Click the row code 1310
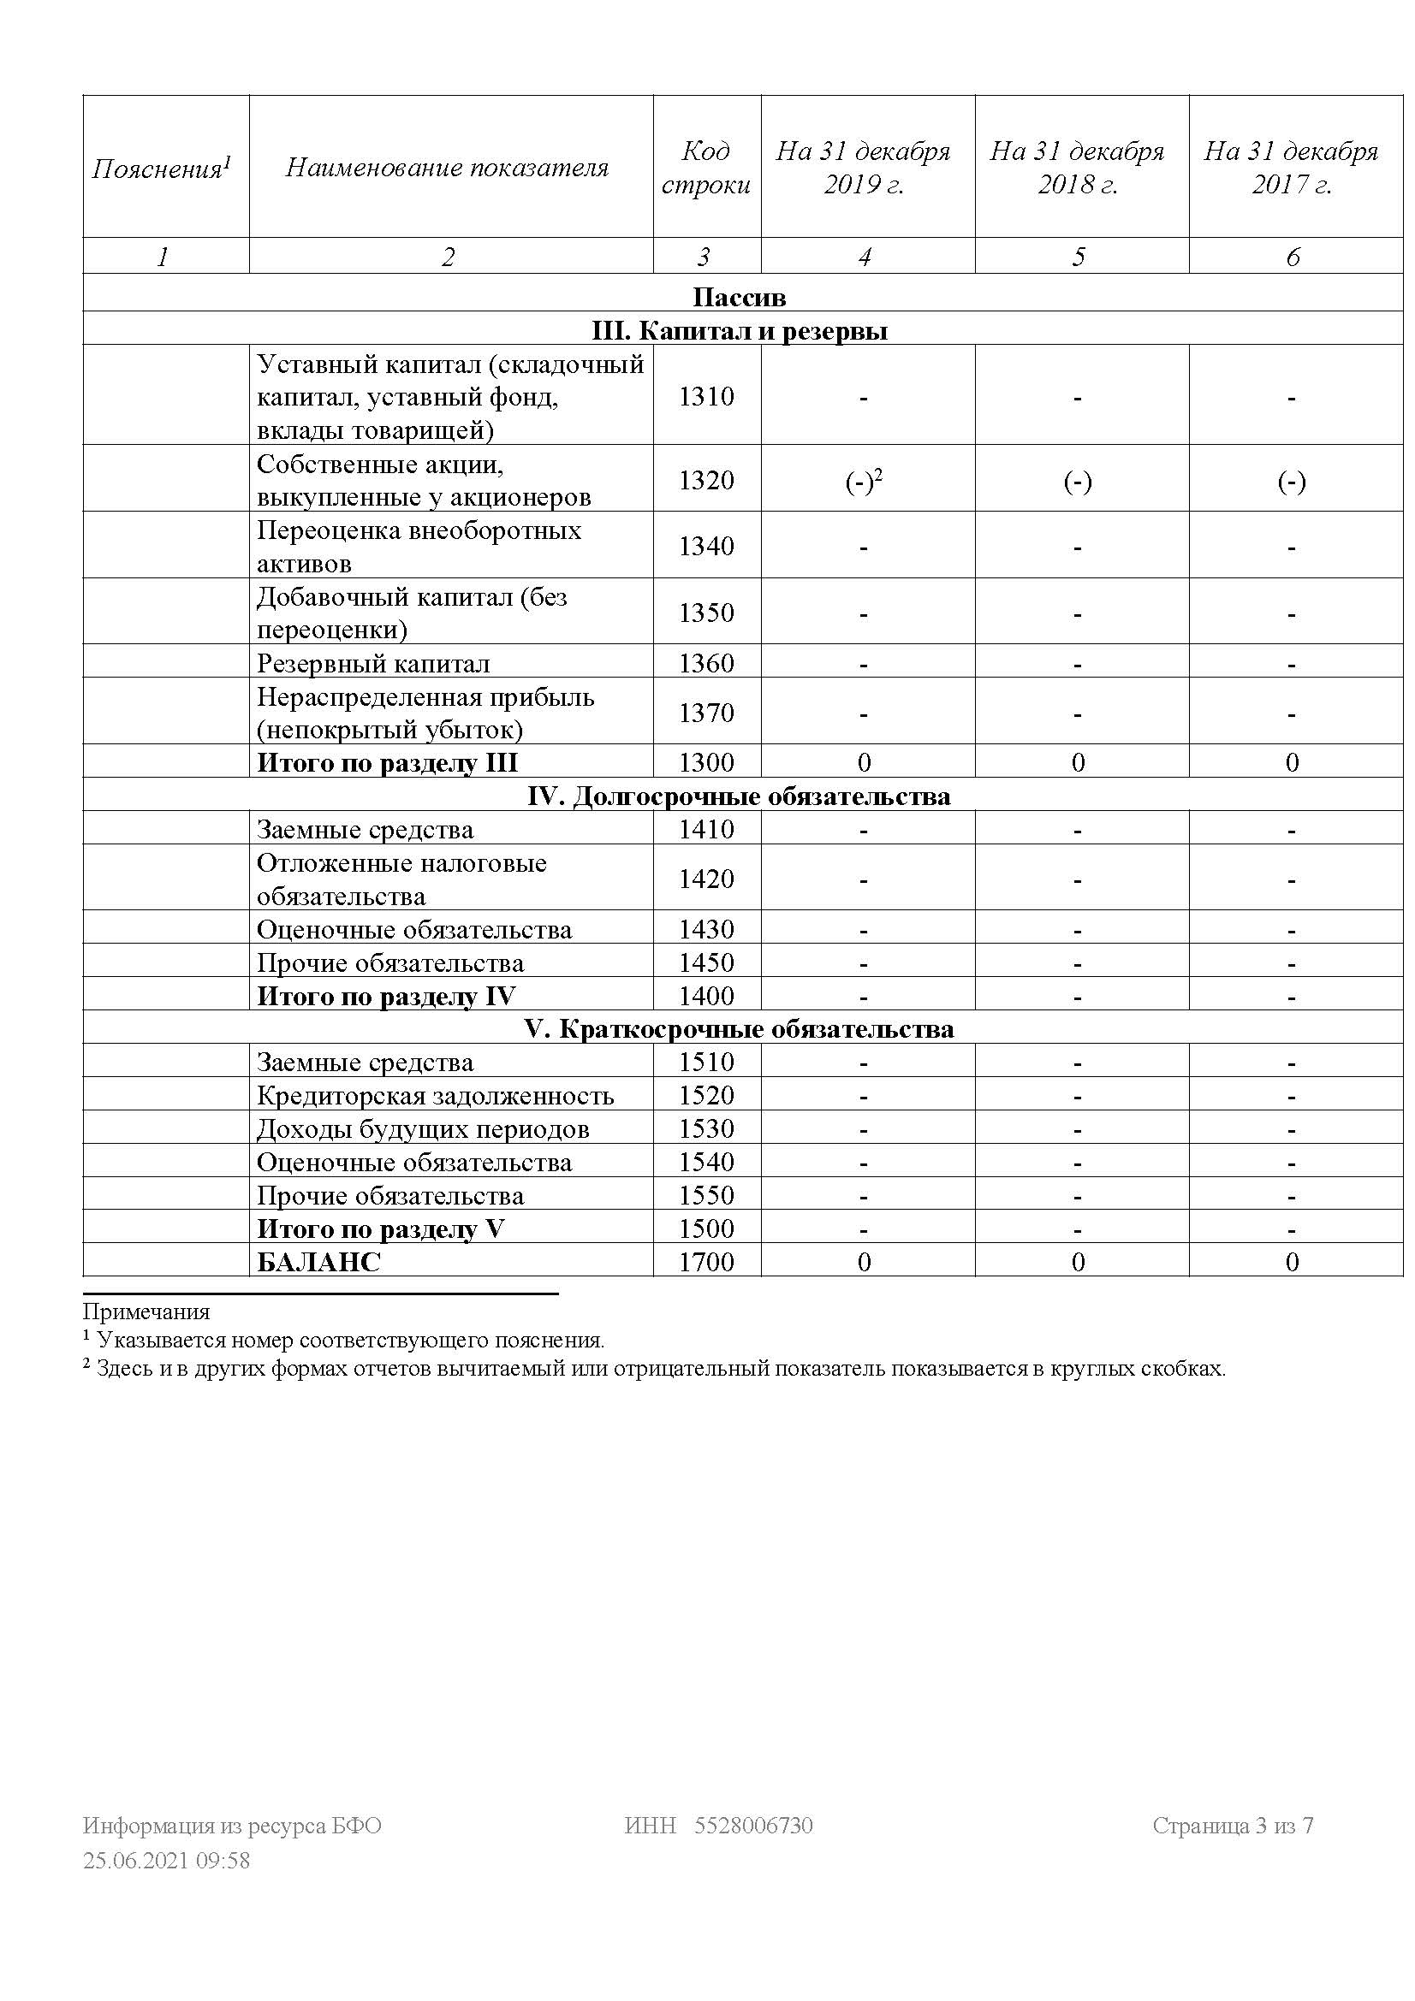(706, 397)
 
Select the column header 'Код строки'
(706, 168)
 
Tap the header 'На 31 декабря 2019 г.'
(863, 168)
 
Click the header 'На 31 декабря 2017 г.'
(1291, 168)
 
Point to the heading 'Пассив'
(740, 297)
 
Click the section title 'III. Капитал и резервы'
(740, 331)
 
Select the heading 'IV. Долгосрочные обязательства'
(740, 796)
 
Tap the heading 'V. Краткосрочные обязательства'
(740, 1029)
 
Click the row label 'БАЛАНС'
(319, 1262)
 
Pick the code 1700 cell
(706, 1262)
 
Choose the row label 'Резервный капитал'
(373, 664)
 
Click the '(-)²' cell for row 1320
(863, 481)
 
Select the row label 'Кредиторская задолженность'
(435, 1096)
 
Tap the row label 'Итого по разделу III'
(387, 762)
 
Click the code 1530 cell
(706, 1129)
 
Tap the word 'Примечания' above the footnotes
(146, 1311)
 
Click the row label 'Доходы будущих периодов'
(423, 1129)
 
